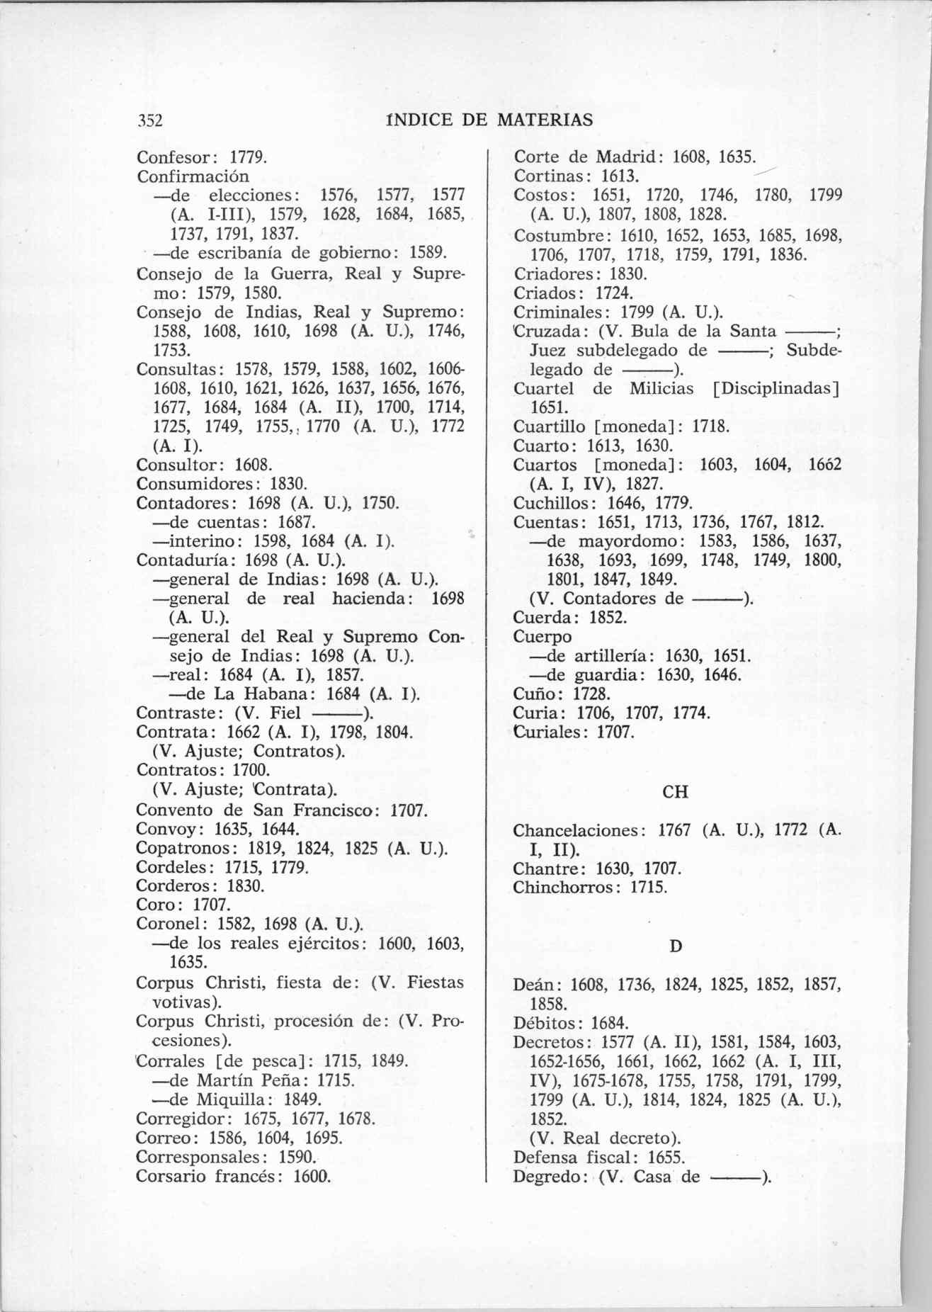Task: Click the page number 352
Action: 150,120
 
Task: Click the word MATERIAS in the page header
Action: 545,120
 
